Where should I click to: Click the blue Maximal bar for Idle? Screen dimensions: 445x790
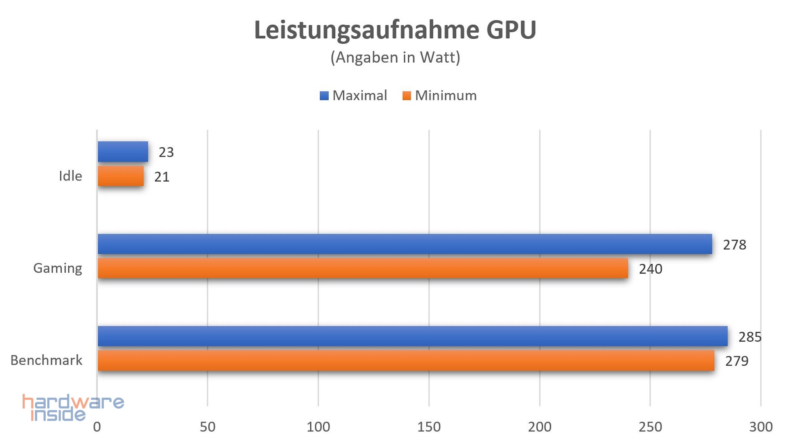[123, 152]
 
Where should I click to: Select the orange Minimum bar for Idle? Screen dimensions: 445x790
[121, 176]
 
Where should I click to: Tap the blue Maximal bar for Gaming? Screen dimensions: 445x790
[404, 244]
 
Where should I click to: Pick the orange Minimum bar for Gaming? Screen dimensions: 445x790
[362, 268]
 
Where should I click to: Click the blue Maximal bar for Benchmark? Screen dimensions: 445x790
[412, 336]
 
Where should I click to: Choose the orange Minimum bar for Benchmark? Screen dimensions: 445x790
[406, 361]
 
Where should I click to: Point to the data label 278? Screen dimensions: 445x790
[734, 245]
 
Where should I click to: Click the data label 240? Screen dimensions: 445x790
[650, 269]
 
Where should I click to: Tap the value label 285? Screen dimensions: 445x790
[750, 337]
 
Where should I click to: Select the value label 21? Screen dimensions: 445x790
[162, 177]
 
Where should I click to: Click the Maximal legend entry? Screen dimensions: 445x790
[354, 96]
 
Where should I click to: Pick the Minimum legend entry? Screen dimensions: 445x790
[440, 96]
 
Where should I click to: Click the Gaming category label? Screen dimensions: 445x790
[58, 268]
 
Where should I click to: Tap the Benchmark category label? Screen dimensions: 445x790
[46, 361]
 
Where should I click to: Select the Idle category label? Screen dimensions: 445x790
[70, 176]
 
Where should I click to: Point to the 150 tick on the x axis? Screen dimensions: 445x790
[429, 427]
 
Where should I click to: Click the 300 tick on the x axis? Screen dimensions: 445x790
[760, 427]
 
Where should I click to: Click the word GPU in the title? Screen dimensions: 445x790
[511, 30]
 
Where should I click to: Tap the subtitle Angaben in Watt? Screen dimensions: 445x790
[395, 57]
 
